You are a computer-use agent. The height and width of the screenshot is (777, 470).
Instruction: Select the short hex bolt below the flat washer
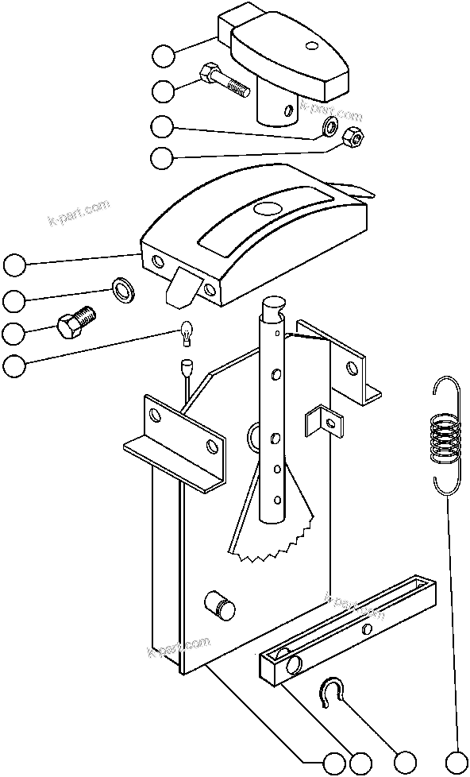[76, 322]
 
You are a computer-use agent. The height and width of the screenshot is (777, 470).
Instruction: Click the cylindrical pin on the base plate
[220, 607]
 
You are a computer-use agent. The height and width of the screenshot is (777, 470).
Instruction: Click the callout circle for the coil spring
[457, 761]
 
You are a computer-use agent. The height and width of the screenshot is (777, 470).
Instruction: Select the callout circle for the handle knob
[164, 56]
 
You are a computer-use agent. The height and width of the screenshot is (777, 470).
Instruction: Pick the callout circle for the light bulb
[13, 366]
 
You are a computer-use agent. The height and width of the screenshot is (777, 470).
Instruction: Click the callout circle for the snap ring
[406, 761]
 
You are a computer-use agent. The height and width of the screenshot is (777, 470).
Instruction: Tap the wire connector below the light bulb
[188, 369]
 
